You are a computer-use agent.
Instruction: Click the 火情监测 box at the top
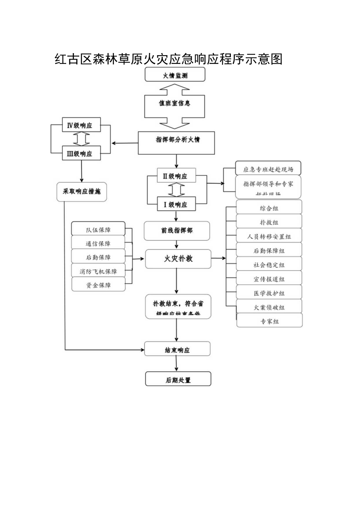click(175, 74)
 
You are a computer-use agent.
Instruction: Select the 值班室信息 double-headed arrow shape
click(175, 104)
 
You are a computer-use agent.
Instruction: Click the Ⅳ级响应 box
click(81, 126)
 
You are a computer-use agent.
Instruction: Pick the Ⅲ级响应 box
click(81, 153)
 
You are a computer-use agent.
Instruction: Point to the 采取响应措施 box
click(81, 192)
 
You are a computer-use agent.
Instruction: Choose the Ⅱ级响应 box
click(176, 176)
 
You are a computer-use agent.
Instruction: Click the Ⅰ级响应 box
click(176, 204)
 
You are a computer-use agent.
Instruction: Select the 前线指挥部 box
click(177, 231)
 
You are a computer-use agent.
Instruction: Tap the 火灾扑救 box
click(178, 259)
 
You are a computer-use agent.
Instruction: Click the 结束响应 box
click(177, 349)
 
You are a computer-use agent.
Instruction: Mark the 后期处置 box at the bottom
click(178, 379)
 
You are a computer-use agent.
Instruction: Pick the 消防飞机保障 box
click(98, 271)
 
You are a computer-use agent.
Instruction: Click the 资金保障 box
click(98, 285)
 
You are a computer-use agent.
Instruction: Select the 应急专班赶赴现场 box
click(268, 169)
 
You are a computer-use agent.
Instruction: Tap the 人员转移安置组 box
click(269, 236)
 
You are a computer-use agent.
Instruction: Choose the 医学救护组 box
click(269, 293)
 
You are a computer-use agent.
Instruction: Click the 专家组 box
click(270, 321)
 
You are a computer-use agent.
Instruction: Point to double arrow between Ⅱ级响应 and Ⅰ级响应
click(176, 190)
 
